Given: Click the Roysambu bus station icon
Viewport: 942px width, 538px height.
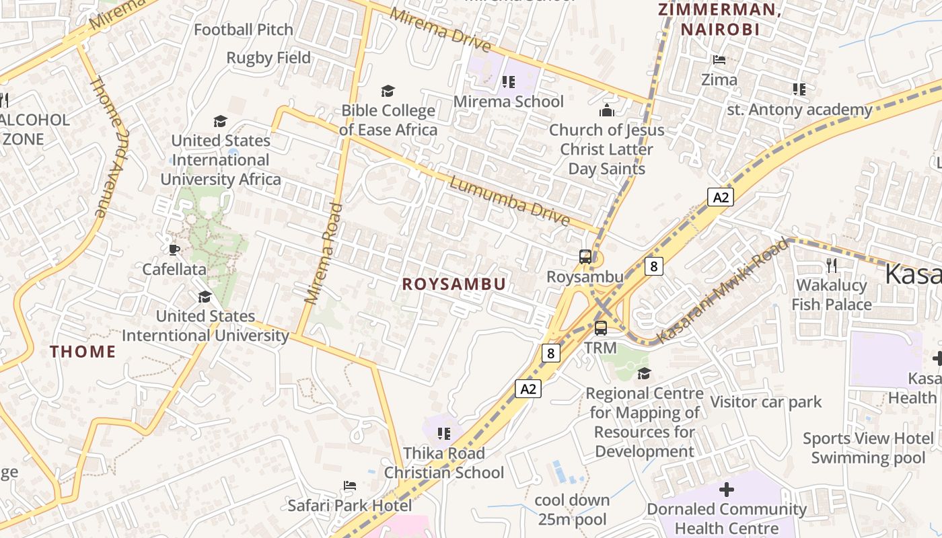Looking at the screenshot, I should click(x=585, y=256).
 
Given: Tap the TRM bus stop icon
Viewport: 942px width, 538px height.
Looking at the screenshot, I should click(x=601, y=328).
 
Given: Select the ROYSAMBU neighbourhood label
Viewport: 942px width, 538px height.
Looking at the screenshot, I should click(x=454, y=284).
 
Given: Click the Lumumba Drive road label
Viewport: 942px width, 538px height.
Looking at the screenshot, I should click(x=510, y=201).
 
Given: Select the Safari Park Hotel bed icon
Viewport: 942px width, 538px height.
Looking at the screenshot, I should click(x=349, y=486).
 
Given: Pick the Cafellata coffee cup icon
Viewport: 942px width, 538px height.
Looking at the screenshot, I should click(x=174, y=250).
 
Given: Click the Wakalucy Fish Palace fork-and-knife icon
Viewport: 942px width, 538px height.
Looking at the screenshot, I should click(x=832, y=266).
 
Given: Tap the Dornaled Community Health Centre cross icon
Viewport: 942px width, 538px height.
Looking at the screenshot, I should click(x=727, y=490).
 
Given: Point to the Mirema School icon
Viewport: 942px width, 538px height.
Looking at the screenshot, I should click(x=509, y=82).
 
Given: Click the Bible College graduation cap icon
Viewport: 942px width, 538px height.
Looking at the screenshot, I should click(x=388, y=91).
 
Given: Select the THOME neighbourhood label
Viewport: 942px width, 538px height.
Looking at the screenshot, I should click(x=83, y=351).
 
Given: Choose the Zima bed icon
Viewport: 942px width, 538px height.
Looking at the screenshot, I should click(x=719, y=60).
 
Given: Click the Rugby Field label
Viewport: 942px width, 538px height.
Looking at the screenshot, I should click(x=268, y=58).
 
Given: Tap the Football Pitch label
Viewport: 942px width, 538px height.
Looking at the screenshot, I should click(x=244, y=30).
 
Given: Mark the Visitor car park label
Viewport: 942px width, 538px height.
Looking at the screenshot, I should click(x=766, y=402).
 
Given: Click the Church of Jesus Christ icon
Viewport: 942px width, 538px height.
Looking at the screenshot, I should click(x=607, y=110).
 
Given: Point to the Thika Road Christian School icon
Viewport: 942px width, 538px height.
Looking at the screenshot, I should click(x=443, y=434).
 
